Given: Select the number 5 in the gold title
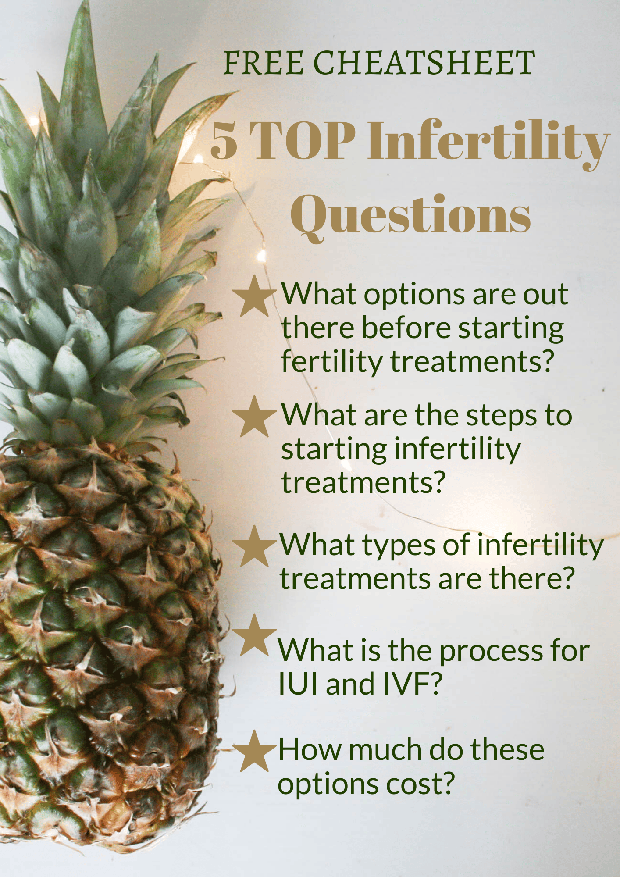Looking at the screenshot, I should pos(224,141).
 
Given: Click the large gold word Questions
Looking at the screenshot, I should pos(411,215).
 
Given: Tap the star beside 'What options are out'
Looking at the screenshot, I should pos(254,297).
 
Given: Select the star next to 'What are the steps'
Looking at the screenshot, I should pos(254,417).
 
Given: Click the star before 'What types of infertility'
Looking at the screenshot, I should pos(254,547).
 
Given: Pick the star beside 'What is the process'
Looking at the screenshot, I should pos(254,635).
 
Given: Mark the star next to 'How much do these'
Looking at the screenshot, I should pos(254,752).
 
